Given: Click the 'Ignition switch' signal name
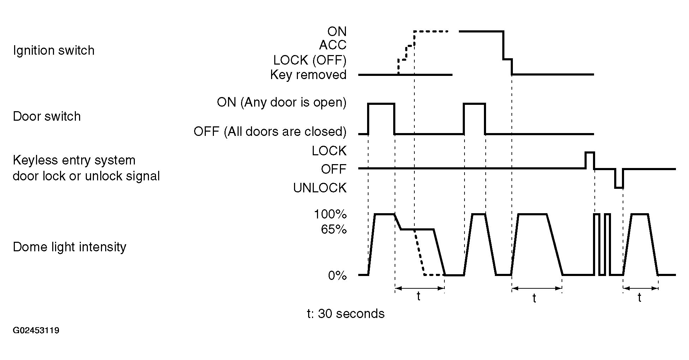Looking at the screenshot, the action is [x=54, y=50].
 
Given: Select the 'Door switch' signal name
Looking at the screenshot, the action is [x=47, y=116].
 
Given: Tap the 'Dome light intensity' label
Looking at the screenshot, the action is [x=70, y=247].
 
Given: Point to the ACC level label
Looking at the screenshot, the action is [x=333, y=45].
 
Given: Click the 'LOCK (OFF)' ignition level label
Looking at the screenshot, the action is [x=310, y=60].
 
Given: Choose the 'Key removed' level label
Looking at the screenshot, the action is [x=308, y=75].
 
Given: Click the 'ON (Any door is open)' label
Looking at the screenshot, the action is [x=282, y=102].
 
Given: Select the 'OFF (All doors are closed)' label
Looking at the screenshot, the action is [x=270, y=132].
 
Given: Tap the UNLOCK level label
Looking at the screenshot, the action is [x=320, y=188].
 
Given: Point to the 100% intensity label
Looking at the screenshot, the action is [x=330, y=215].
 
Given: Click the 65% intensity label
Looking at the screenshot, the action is [x=334, y=230].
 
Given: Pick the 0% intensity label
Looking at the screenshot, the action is [x=337, y=276].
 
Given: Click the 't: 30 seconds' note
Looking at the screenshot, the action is [x=346, y=314].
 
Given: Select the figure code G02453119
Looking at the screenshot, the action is [x=36, y=331].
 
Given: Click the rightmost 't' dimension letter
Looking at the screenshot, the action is [x=640, y=298].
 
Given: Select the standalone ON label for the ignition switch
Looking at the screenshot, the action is [x=337, y=32].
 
